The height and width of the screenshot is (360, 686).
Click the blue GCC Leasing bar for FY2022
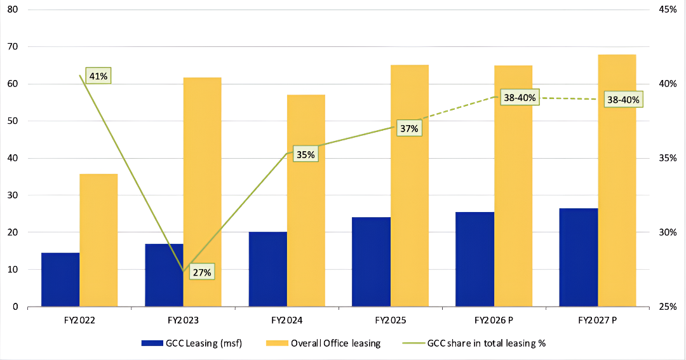pyautogui.click(x=60, y=279)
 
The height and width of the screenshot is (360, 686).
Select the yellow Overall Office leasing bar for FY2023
pyautogui.click(x=203, y=190)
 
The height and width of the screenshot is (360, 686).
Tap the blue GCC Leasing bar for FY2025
pyautogui.click(x=372, y=262)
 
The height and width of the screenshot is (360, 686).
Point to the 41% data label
pyautogui.click(x=99, y=76)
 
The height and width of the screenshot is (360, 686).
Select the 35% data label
pyautogui.click(x=305, y=155)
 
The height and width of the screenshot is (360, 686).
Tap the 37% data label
pyautogui.click(x=409, y=129)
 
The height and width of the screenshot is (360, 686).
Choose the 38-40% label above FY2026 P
pyautogui.click(x=520, y=98)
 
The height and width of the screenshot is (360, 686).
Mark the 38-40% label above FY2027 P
pyautogui.click(x=623, y=100)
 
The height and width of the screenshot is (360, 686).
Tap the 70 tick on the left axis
pyautogui.click(x=13, y=47)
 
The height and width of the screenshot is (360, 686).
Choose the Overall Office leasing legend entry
pyautogui.click(x=327, y=343)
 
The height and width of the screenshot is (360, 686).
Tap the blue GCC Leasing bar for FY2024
pyautogui.click(x=267, y=269)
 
